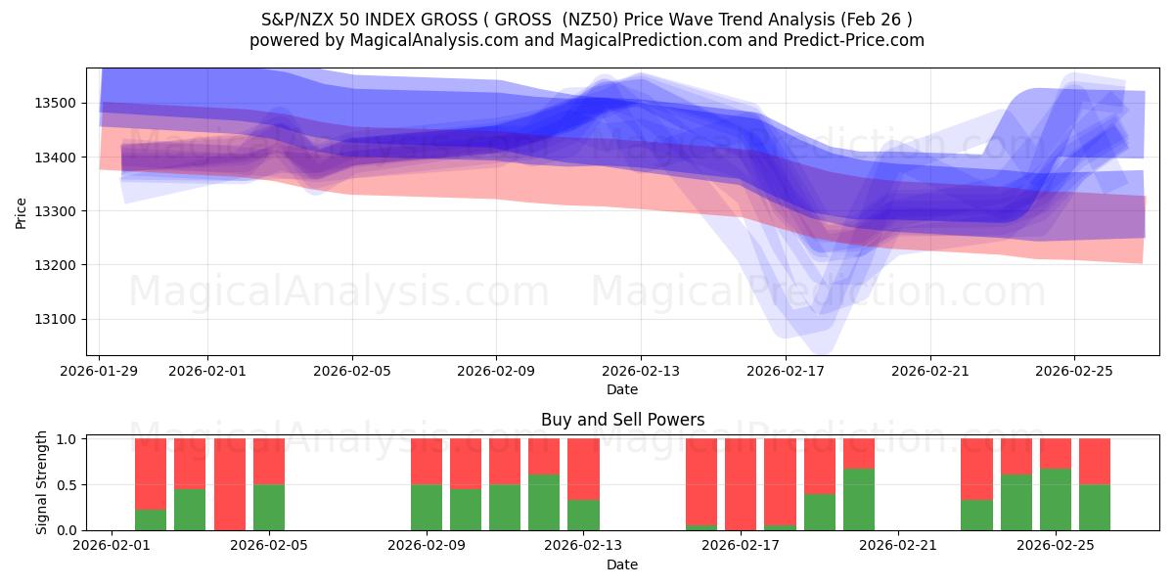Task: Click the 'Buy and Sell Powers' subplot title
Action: (x=622, y=420)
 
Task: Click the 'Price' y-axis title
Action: (x=22, y=211)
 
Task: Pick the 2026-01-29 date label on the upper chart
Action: (x=99, y=371)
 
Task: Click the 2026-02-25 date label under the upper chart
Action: (x=1074, y=371)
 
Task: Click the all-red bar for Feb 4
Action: (x=229, y=484)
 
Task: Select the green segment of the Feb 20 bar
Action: (x=859, y=500)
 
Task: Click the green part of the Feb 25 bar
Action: (x=1056, y=500)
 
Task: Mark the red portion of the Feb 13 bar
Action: (x=583, y=469)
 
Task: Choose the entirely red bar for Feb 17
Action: (x=741, y=484)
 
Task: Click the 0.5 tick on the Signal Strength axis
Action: (x=70, y=485)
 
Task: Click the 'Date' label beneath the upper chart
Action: (x=622, y=389)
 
